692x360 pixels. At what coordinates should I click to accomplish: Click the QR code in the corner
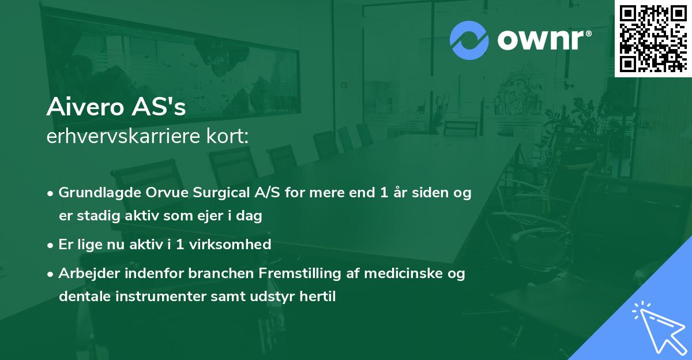(653, 38)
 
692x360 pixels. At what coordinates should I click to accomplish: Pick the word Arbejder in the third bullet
(85, 273)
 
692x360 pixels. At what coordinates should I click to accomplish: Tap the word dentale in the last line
(80, 297)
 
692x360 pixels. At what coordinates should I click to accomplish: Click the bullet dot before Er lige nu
(51, 245)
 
